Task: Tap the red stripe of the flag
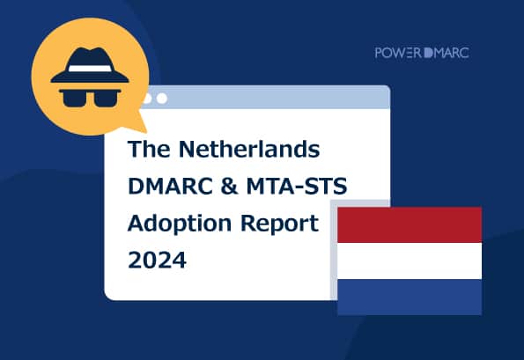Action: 410,224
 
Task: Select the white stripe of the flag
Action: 410,261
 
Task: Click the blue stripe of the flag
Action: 410,297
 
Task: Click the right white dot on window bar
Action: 161,98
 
